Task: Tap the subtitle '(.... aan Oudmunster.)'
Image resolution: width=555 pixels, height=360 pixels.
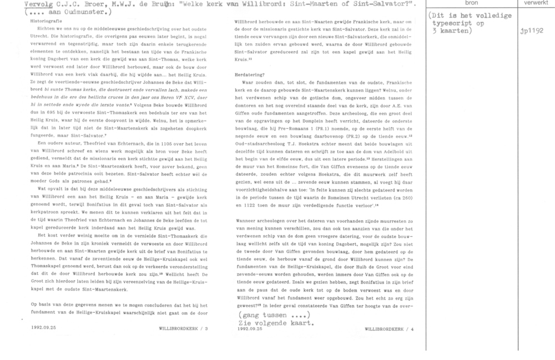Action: tap(58, 11)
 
